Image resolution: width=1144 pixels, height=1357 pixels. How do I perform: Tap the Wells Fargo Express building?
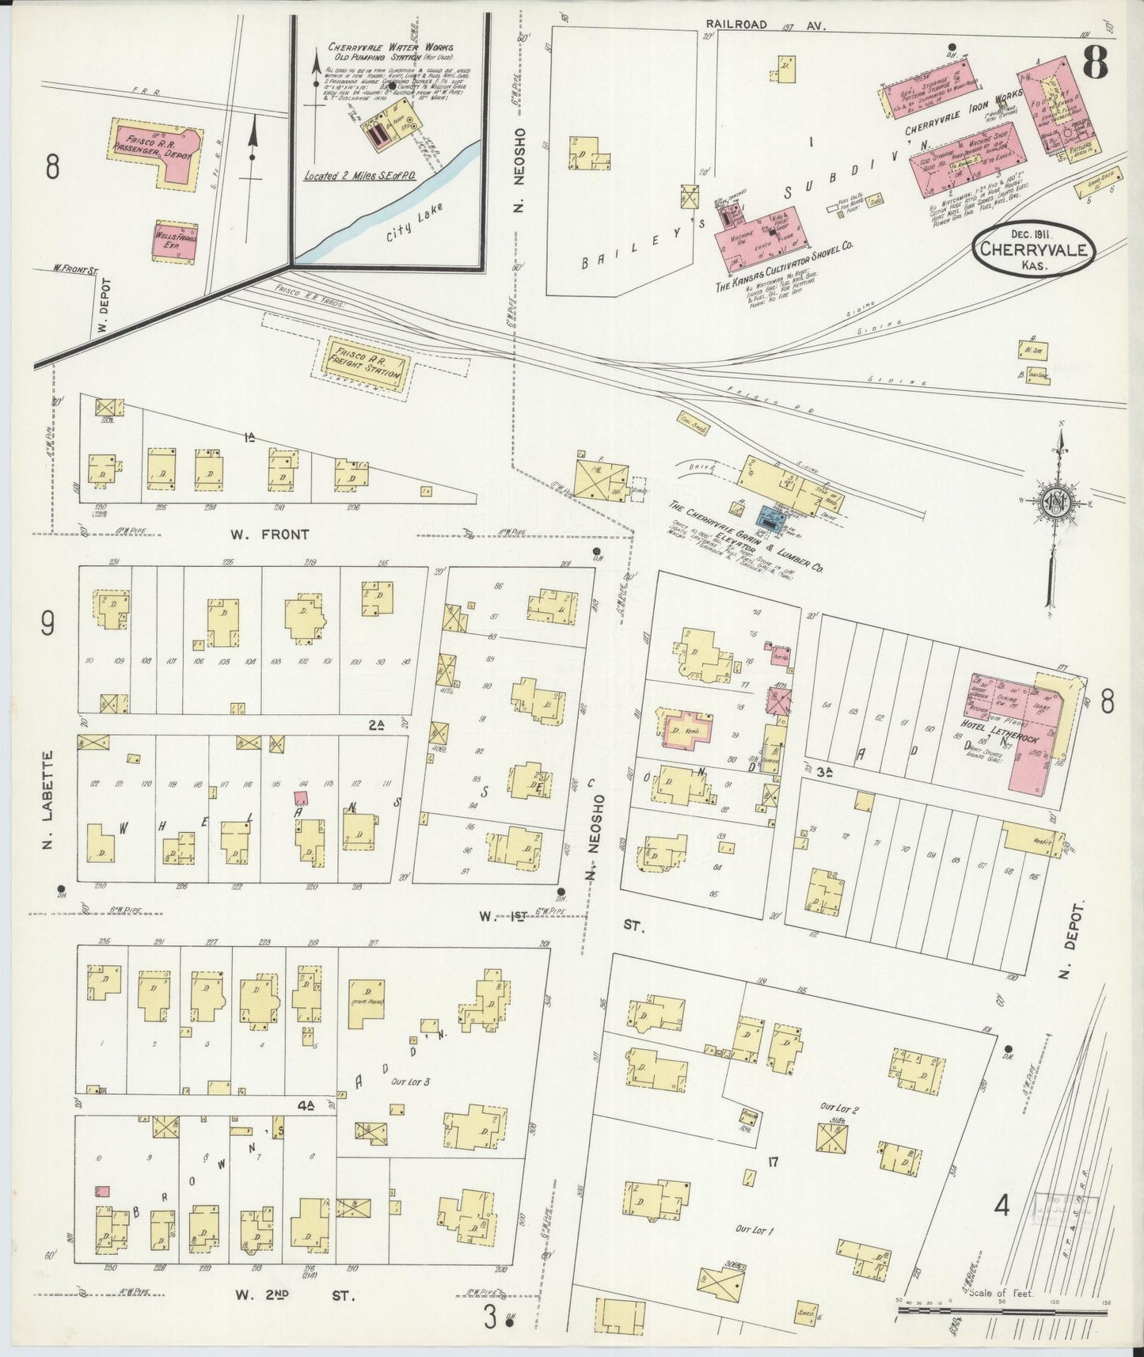tap(175, 241)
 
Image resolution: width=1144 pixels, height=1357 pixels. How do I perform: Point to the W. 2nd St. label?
tap(295, 1295)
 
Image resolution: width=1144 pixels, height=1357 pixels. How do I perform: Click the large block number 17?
tap(773, 1162)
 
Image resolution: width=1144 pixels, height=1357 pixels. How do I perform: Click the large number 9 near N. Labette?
tap(48, 625)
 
